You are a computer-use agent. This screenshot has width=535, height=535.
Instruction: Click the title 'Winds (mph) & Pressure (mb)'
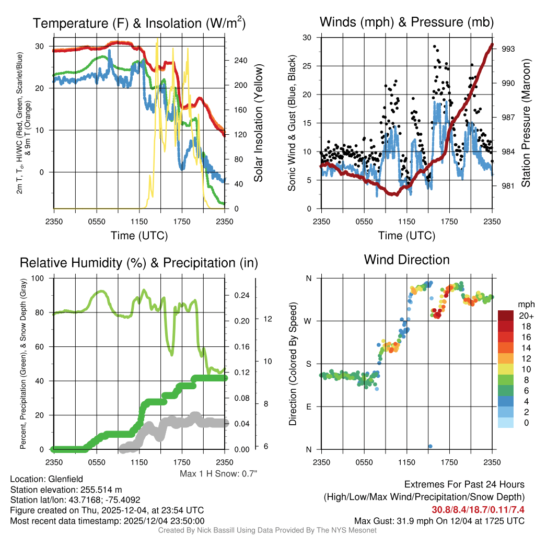(406, 22)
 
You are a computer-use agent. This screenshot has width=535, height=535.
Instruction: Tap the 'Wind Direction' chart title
(406, 260)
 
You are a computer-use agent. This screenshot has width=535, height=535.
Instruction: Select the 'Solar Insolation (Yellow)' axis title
(258, 123)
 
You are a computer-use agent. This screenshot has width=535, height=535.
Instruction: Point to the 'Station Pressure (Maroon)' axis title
(526, 123)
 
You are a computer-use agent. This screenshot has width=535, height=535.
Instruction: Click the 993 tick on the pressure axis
(508, 49)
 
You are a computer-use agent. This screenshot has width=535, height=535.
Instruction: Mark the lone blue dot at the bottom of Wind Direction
(430, 446)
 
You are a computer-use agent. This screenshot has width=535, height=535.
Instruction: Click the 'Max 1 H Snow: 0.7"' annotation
(218, 474)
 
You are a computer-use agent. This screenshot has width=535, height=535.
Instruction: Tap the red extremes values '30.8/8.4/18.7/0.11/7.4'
(478, 509)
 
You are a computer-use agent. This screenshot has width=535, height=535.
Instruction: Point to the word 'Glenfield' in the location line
(65, 479)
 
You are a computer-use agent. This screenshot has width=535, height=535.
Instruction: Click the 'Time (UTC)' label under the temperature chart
(139, 236)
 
